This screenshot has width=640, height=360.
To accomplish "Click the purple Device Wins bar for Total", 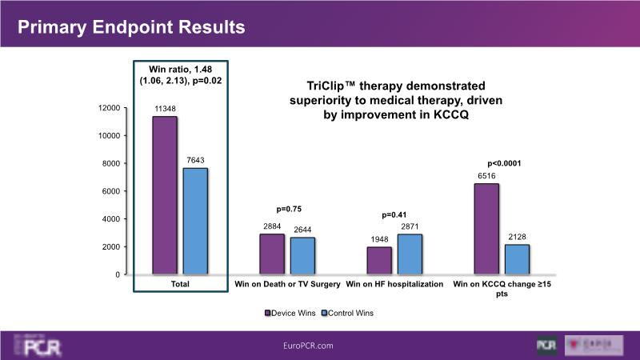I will tap(165, 196).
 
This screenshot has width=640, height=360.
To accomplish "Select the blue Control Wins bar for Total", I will tap(195, 222).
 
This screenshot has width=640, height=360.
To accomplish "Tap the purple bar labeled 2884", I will tap(271, 254).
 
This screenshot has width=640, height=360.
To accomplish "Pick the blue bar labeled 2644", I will tap(302, 256).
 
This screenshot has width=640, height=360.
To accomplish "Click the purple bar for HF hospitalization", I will tap(379, 261).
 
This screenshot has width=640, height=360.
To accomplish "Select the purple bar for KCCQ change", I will tap(486, 230).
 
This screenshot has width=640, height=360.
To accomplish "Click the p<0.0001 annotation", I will tap(503, 164).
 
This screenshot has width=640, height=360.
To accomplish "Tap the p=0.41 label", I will tap(394, 214).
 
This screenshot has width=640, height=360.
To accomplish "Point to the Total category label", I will tap(181, 284).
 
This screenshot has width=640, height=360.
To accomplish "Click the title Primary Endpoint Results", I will tap(131, 27).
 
